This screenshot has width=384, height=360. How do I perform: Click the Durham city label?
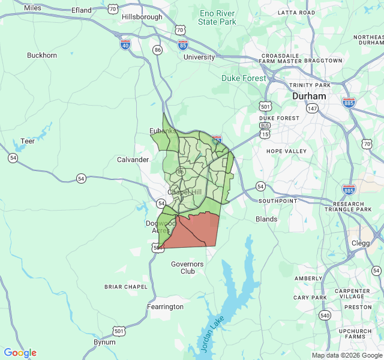pyautogui.click(x=309, y=96)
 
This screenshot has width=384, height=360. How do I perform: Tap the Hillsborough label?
pyautogui.click(x=142, y=17)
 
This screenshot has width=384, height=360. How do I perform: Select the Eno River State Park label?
pyautogui.click(x=217, y=17)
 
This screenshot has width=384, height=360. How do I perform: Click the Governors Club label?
pyautogui.click(x=187, y=268)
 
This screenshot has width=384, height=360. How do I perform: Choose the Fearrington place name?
pyautogui.click(x=165, y=307)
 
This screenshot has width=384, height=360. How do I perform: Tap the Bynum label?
pyautogui.click(x=104, y=342)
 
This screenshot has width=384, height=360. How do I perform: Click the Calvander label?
pyautogui.click(x=133, y=160)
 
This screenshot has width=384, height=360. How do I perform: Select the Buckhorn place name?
pyautogui.click(x=42, y=55)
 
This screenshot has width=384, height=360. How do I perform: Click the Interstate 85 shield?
pyautogui.click(x=183, y=44)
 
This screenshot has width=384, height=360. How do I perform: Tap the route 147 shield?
pyautogui.click(x=312, y=109)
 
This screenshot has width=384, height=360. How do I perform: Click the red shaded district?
pyautogui.click(x=195, y=231)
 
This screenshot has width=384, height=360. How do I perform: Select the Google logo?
pyautogui.click(x=20, y=353)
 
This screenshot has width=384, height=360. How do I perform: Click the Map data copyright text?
pyautogui.click(x=347, y=355)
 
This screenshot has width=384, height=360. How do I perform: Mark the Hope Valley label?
pyautogui.click(x=286, y=151)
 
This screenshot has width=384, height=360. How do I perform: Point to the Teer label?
pyautogui.click(x=28, y=141)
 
